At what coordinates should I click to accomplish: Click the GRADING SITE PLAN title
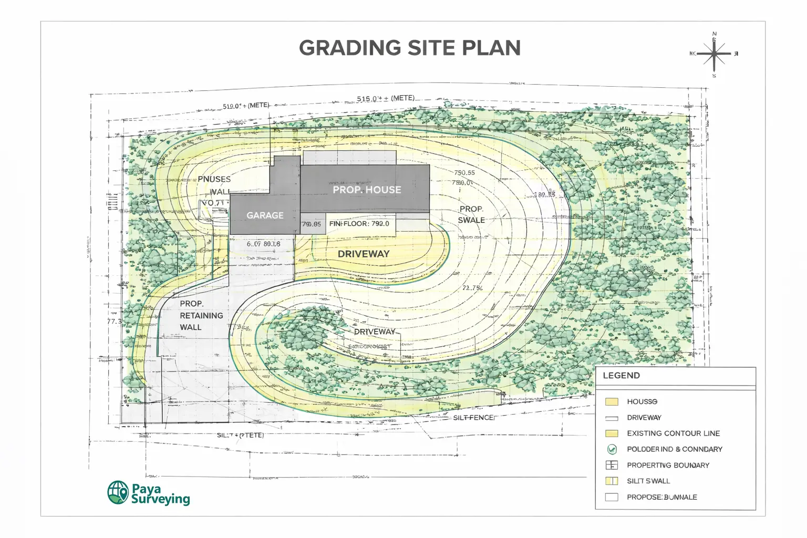(410, 48)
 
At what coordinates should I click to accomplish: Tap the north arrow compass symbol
(714, 54)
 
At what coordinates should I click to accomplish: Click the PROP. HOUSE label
(367, 190)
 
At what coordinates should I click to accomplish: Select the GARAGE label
(265, 215)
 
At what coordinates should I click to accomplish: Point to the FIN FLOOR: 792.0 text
(359, 224)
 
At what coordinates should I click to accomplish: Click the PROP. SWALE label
(471, 214)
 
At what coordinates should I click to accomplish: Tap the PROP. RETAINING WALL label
(201, 315)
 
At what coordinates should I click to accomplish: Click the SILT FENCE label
(473, 418)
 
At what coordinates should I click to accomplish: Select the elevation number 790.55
(464, 173)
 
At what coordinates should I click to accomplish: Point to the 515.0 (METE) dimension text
(386, 98)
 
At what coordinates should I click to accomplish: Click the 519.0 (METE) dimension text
(246, 106)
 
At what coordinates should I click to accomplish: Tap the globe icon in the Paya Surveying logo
(118, 492)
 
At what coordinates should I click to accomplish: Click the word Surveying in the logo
(161, 499)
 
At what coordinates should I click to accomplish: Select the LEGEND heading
(621, 376)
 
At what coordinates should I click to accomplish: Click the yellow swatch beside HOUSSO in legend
(612, 402)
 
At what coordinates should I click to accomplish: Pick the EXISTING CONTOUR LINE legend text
(673, 433)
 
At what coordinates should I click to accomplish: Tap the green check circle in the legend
(612, 449)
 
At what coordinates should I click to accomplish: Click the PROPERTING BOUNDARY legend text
(668, 465)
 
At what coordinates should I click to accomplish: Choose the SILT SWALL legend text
(648, 481)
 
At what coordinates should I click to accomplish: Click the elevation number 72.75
(472, 288)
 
